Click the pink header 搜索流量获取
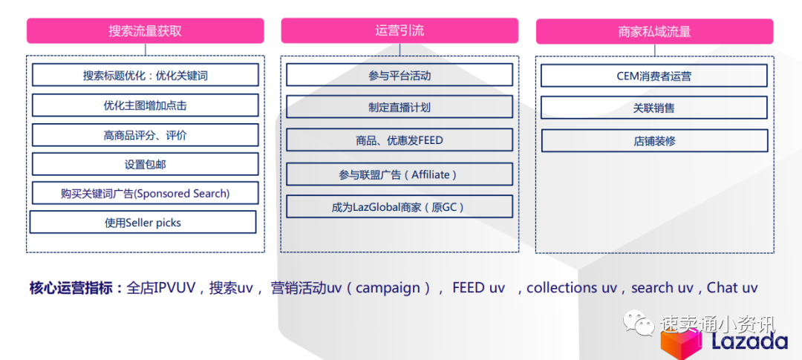coord(146,31)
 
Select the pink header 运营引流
coord(400,30)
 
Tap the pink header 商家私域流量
coord(654,31)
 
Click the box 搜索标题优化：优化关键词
coord(146,76)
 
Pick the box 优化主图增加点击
coord(146,105)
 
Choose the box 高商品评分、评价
coord(146,135)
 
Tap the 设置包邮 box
coord(146,164)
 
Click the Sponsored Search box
coord(146,193)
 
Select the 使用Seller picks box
coord(143,222)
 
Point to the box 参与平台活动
coord(400,76)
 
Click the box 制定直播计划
coord(400,107)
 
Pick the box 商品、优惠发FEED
coord(400,140)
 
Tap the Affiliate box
coord(400,174)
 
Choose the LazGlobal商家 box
coord(400,207)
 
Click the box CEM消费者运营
coord(654,76)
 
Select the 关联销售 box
coord(654,108)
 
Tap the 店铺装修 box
coord(654,140)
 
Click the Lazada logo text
coord(749,341)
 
